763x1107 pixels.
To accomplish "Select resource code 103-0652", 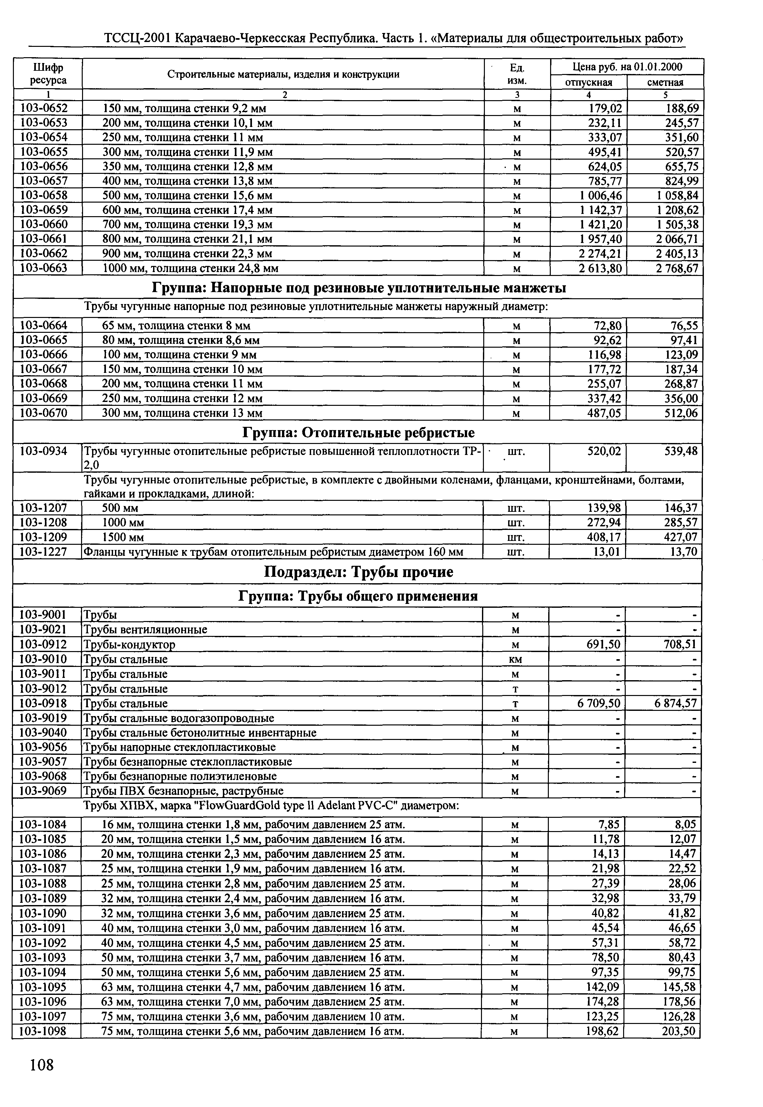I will click(x=44, y=108).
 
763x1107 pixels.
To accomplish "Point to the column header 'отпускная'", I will click(x=589, y=82).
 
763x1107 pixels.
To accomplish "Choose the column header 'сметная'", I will click(x=665, y=82).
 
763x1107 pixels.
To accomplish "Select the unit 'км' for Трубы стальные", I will click(x=515, y=659).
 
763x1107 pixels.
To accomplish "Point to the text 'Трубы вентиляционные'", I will click(x=145, y=629).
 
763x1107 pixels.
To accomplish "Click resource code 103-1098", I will click(x=43, y=1031).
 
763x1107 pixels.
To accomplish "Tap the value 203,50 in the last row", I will click(x=678, y=1031).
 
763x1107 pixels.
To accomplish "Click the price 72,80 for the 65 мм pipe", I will click(x=607, y=326).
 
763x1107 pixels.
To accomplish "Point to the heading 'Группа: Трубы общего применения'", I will click(x=358, y=596).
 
